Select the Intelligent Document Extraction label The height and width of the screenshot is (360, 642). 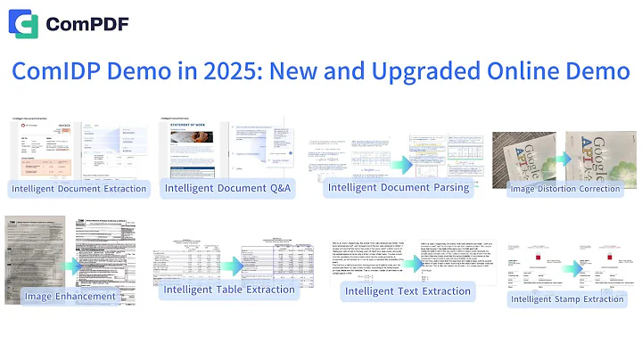(x=78, y=188)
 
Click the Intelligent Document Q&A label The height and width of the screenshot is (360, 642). (x=227, y=188)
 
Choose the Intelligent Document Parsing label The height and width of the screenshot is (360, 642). (x=399, y=187)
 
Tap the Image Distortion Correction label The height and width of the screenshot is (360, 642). (x=564, y=189)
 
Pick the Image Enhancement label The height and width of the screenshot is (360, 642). (x=70, y=296)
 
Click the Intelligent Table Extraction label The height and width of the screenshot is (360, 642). (x=229, y=290)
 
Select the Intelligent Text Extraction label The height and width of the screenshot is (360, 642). (x=407, y=291)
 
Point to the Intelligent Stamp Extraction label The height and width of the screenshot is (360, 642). (x=566, y=299)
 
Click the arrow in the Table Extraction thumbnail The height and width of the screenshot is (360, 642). (x=231, y=266)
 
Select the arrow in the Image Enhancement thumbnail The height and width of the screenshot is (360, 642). (x=71, y=265)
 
